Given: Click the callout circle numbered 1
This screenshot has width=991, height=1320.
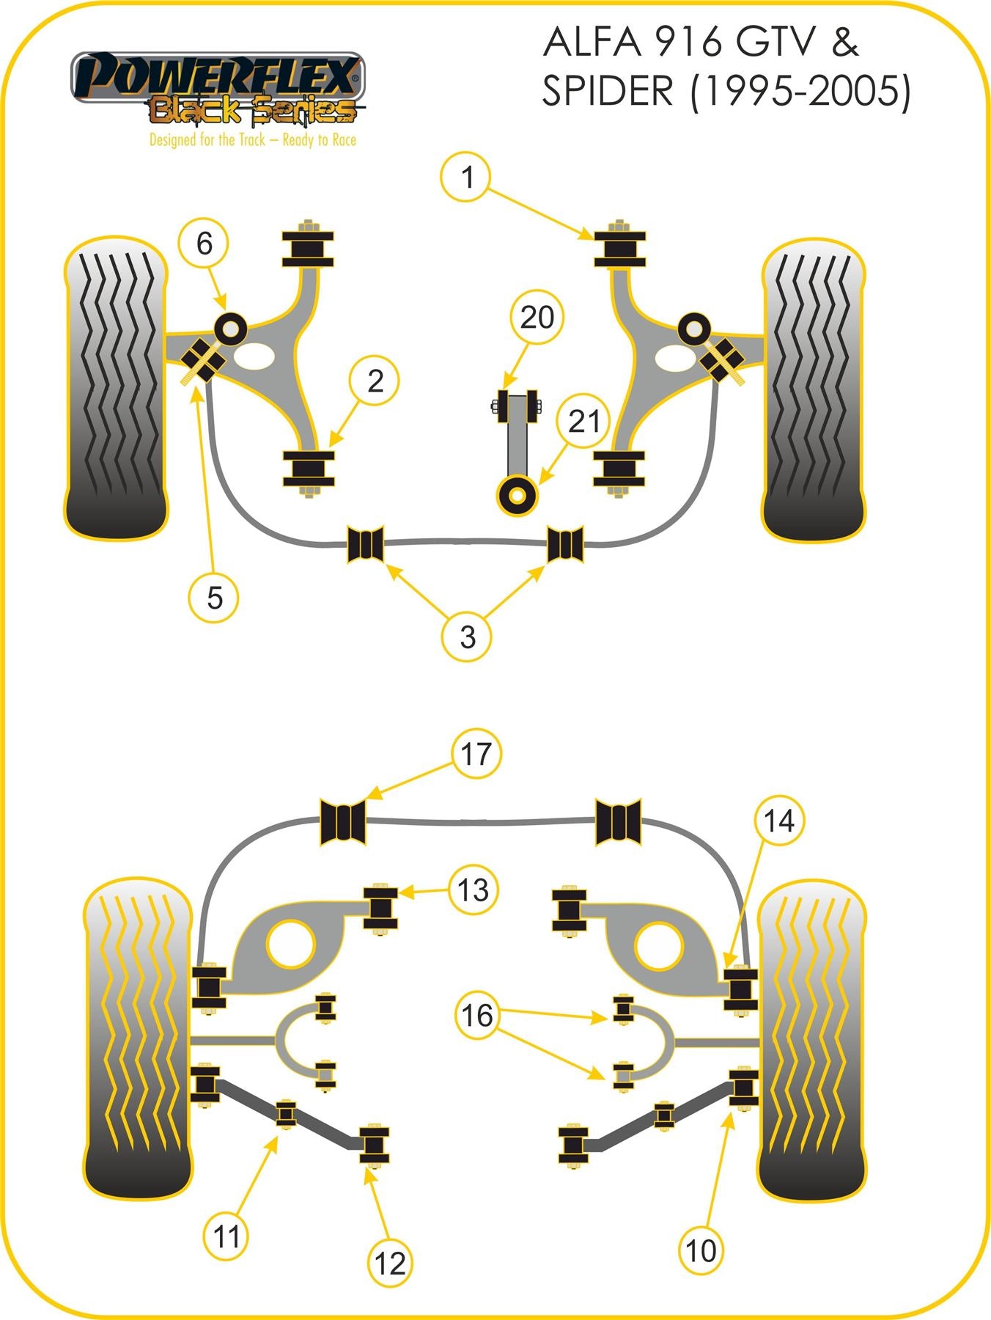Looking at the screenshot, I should click(x=468, y=177).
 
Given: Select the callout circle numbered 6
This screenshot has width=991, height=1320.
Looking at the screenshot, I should click(x=205, y=243).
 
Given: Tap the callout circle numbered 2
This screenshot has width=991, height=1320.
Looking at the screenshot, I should click(x=375, y=381).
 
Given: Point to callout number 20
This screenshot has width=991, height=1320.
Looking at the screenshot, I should click(x=537, y=317).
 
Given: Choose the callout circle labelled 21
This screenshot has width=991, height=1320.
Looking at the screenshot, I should click(x=583, y=421).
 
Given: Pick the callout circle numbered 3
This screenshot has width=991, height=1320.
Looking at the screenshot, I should click(x=468, y=636).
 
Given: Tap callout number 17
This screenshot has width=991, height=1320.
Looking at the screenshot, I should click(x=476, y=754).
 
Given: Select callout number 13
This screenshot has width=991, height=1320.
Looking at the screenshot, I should click(x=473, y=890).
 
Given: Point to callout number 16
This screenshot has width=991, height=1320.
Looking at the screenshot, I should click(x=477, y=1016).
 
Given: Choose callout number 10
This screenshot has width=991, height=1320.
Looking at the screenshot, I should click(x=700, y=1250).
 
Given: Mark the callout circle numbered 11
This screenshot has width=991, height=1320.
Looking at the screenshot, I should click(x=226, y=1237).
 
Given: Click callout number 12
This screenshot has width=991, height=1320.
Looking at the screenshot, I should click(x=389, y=1262).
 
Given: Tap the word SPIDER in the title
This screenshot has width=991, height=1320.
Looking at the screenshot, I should click(x=607, y=91).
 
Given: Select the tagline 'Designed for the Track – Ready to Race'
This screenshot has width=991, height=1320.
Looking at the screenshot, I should click(x=252, y=139).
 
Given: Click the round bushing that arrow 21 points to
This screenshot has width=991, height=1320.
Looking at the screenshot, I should click(x=517, y=496).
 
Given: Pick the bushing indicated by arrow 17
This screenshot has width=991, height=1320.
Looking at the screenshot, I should click(x=342, y=821).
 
